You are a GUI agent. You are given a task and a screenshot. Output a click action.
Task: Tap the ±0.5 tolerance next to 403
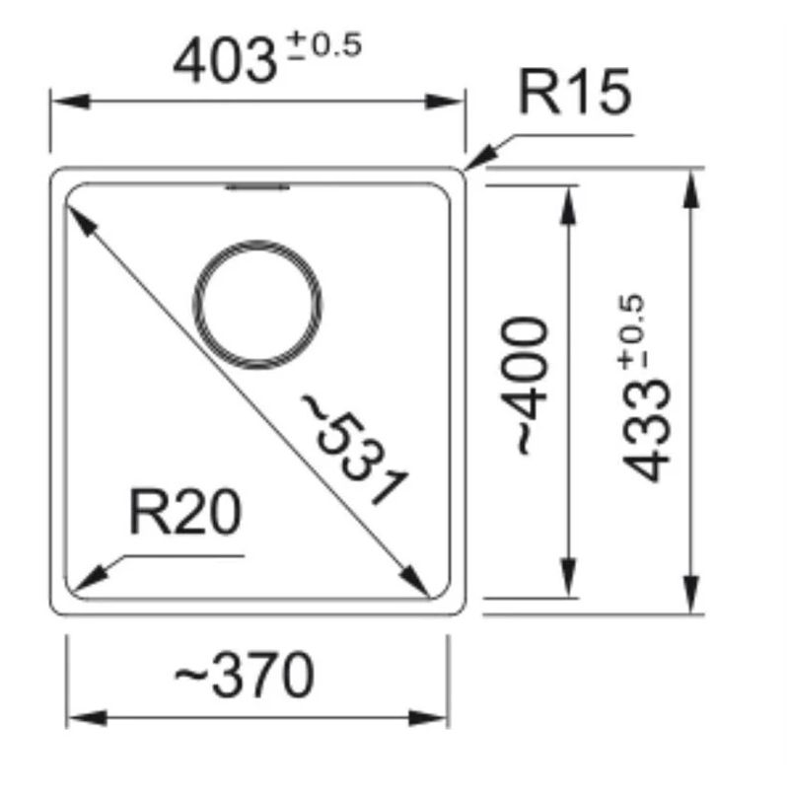(324, 45)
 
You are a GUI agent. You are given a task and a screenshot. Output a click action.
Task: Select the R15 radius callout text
(575, 92)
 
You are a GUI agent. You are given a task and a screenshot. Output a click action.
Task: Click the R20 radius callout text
(185, 512)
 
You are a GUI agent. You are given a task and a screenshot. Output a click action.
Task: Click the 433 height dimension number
(647, 431)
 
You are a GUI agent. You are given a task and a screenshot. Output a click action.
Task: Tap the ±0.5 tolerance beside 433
(632, 332)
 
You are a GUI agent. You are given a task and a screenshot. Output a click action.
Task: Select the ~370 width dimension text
(245, 675)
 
